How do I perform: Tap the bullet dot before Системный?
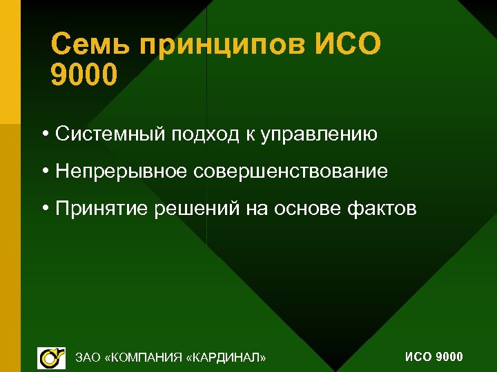coord(44,134)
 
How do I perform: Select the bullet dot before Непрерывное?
coord(44,171)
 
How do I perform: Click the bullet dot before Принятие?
coord(44,208)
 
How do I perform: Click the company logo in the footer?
coord(50,357)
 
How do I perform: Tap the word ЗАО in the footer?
coord(88,357)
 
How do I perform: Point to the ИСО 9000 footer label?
coord(433,356)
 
